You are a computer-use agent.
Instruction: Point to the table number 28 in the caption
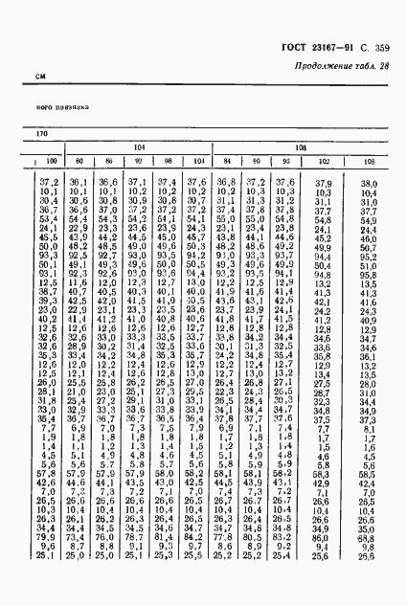click(x=385, y=65)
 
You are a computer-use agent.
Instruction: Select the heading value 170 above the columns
click(x=42, y=133)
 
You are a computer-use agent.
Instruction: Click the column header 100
click(x=50, y=161)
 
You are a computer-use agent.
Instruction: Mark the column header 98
click(x=167, y=161)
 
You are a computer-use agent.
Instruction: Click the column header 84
click(x=226, y=161)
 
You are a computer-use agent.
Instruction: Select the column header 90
click(x=255, y=161)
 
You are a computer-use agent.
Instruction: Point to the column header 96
click(x=284, y=161)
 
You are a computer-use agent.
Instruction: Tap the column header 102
click(x=322, y=161)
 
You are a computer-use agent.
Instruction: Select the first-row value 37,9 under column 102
click(x=322, y=182)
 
